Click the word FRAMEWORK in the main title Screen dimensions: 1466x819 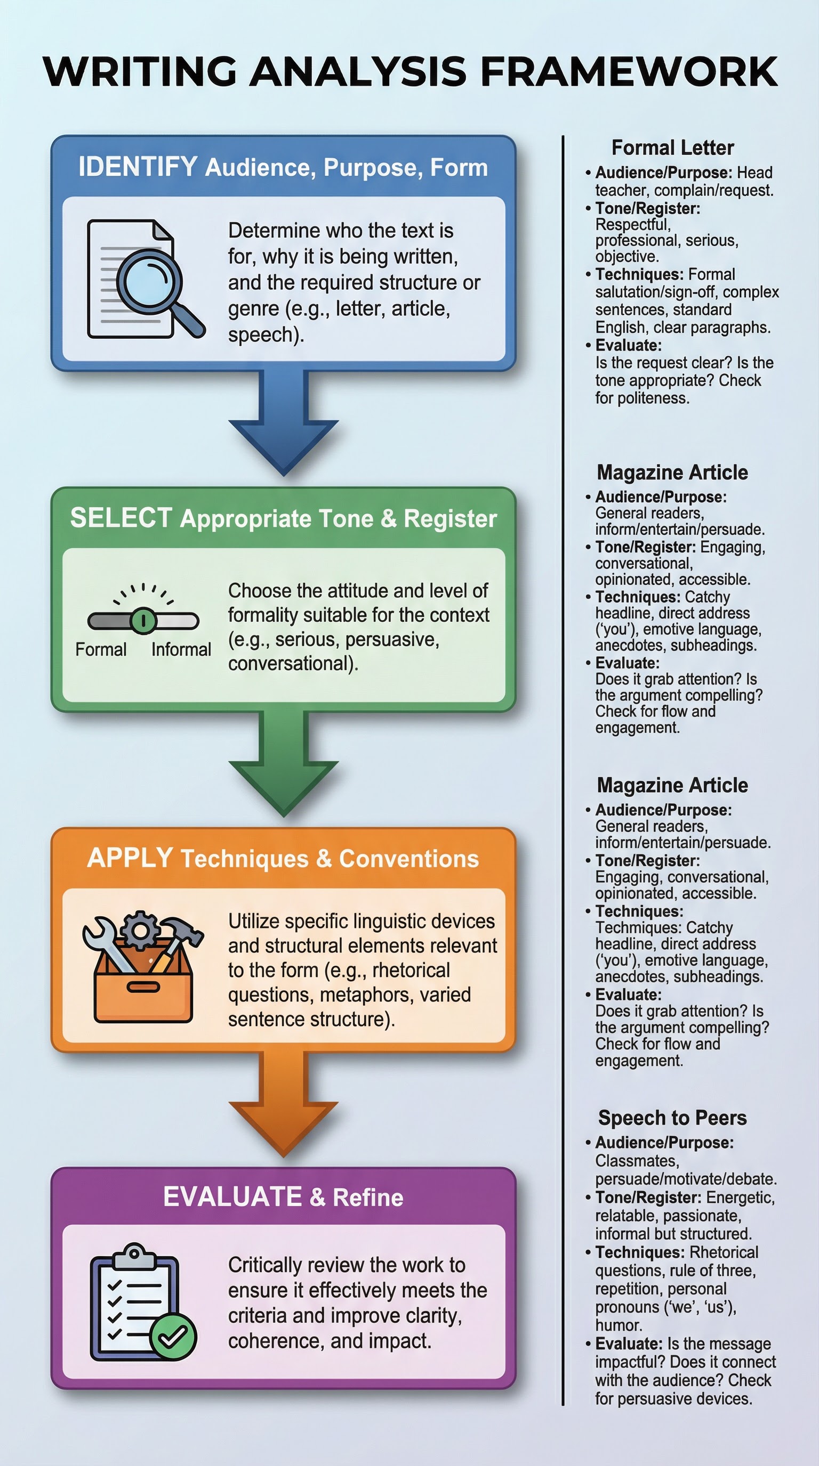[x=629, y=72]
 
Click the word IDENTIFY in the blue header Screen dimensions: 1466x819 [x=138, y=167]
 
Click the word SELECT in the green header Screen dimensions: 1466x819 [x=121, y=518]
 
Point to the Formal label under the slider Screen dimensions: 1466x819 [x=101, y=649]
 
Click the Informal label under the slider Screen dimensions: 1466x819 [x=181, y=649]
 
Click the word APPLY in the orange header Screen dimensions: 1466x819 [x=130, y=858]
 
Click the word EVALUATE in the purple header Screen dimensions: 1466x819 [x=232, y=1197]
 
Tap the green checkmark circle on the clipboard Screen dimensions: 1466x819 [x=173, y=1336]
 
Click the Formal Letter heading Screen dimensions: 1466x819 [x=672, y=148]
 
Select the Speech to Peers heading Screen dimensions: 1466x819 [x=672, y=1118]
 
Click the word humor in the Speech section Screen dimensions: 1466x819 [x=619, y=1325]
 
